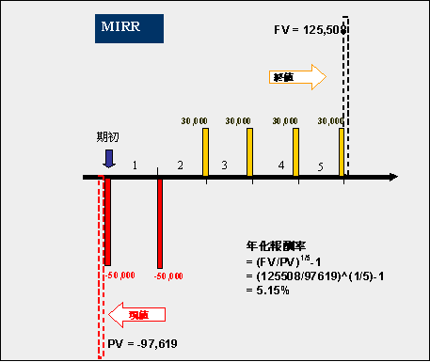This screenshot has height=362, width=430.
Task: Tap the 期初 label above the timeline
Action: (x=109, y=137)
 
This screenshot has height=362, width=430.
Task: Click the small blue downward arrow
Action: (x=109, y=158)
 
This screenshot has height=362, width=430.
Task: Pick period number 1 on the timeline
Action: (x=135, y=165)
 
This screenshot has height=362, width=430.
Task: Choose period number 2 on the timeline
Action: (x=180, y=165)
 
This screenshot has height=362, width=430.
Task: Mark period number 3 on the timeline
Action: (x=224, y=165)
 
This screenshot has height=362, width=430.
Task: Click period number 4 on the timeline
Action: (x=281, y=165)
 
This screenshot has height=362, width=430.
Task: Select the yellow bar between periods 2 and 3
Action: (x=205, y=150)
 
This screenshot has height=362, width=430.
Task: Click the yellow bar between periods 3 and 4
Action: (x=250, y=150)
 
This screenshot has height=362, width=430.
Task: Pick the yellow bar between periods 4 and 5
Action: (x=295, y=150)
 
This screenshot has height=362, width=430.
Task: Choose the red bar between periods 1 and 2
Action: (x=159, y=221)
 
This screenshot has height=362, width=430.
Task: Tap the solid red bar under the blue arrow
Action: (x=108, y=221)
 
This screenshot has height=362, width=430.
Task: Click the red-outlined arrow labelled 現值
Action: (x=135, y=313)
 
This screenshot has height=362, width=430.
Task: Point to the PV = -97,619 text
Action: (x=144, y=345)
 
